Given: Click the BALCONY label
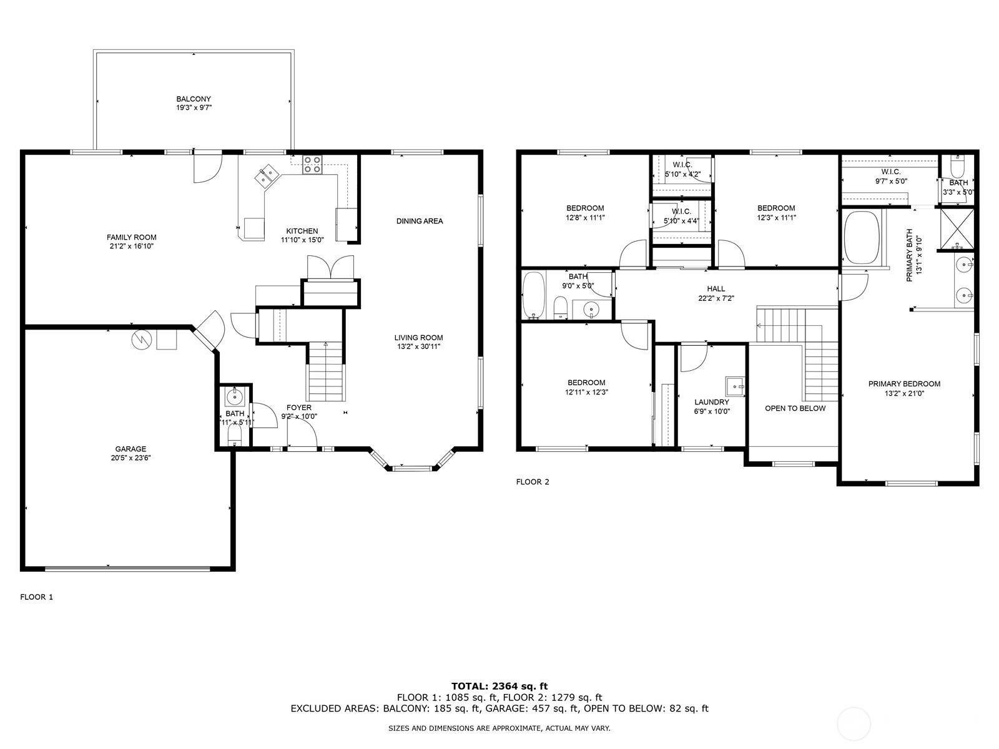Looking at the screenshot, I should pos(193,99).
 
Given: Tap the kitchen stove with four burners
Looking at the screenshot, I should pos(312,165).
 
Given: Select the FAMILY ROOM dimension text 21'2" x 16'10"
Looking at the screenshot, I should pos(131,247).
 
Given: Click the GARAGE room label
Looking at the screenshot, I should pos(130,449).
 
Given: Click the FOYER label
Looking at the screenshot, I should pos(298,408).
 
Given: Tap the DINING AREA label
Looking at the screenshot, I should pos(420,221).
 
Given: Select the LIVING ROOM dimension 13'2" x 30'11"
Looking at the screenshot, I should pos(418,347).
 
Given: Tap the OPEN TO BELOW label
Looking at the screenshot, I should pos(795,408).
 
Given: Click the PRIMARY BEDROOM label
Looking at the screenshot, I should pos(903,384).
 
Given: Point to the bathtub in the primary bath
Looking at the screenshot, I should pos(861,238).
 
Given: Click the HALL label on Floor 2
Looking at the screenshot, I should pos(716,288).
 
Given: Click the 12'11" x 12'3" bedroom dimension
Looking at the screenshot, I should pos(586,393).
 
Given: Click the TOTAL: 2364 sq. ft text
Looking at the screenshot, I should pos(499,686).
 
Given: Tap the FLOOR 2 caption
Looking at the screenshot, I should pos(532,482).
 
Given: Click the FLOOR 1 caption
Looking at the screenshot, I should pos(37,597).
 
